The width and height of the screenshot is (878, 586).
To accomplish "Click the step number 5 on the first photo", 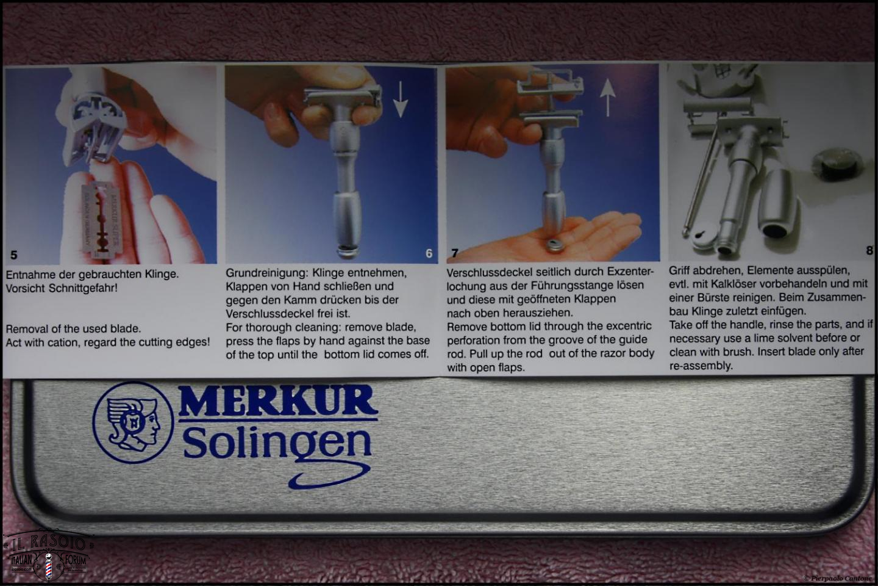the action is (x=13, y=255).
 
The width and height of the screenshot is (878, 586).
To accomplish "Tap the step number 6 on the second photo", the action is (x=429, y=253).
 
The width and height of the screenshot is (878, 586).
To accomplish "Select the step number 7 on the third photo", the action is (x=455, y=253).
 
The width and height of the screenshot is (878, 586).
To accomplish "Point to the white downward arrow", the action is (x=401, y=99).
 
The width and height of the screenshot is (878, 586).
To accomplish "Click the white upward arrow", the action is (x=607, y=97).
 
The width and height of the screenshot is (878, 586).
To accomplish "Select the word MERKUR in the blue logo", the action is (x=278, y=400).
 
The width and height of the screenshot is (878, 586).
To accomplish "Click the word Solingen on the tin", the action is (x=277, y=443).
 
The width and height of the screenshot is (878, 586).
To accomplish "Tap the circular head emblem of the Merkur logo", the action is (x=134, y=422).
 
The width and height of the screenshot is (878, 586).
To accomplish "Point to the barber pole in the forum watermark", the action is (x=48, y=566).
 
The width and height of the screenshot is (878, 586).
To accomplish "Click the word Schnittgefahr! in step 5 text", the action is (x=83, y=288).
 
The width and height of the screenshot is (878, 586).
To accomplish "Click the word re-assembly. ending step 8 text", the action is (x=701, y=366).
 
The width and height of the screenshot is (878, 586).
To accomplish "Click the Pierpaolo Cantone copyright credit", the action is (x=838, y=578).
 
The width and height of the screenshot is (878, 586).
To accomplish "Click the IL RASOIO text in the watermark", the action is (x=48, y=543).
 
